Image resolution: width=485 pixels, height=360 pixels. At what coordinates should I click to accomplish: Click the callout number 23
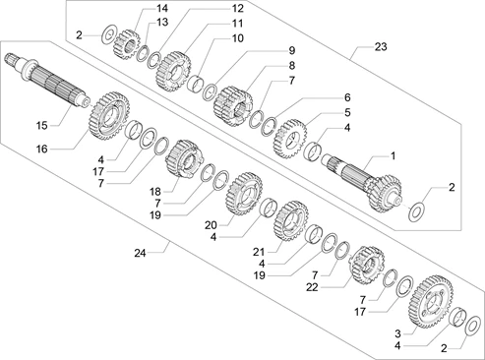pyautogui.click(x=381, y=47)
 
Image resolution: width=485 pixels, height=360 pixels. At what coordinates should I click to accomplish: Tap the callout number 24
pyautogui.click(x=140, y=253)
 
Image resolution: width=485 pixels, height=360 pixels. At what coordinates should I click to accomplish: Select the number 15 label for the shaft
pyautogui.click(x=42, y=125)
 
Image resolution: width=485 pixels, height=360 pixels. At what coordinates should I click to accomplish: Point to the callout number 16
pyautogui.click(x=42, y=150)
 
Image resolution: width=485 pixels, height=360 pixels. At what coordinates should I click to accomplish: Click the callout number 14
pyautogui.click(x=161, y=8)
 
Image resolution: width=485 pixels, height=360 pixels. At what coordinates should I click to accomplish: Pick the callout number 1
pyautogui.click(x=393, y=156)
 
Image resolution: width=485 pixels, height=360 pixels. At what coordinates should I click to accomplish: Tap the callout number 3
pyautogui.click(x=397, y=333)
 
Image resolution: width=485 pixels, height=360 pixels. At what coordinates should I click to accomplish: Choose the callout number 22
pyautogui.click(x=312, y=287)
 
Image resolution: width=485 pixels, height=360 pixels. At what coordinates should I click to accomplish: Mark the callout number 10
pyautogui.click(x=238, y=38)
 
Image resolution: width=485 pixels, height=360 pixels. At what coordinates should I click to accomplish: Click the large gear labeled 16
pyautogui.click(x=109, y=116)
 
